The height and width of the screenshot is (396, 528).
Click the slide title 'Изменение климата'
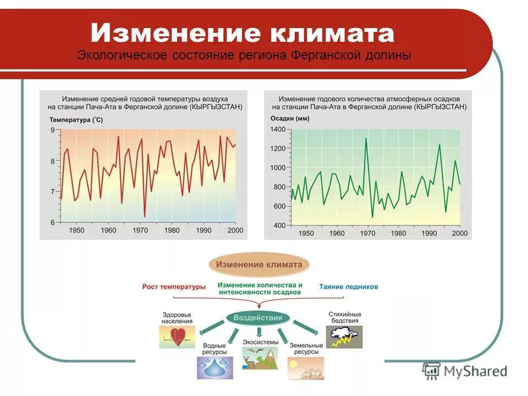tap(243, 33)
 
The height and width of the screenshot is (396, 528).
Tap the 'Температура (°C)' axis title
tap(76, 119)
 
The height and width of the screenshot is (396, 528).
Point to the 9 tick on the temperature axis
tap(53, 130)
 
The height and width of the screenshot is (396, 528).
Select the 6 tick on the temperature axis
tap(53, 223)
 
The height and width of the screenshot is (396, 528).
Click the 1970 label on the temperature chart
tap(140, 230)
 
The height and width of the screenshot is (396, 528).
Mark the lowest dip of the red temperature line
tap(145, 216)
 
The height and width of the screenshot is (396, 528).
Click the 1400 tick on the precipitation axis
tap(278, 129)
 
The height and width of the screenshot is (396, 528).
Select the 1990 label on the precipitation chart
tap(429, 233)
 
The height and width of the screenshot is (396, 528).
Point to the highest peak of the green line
tap(366, 139)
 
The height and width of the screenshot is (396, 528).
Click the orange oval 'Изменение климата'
tap(259, 265)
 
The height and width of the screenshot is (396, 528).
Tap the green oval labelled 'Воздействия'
tap(257, 318)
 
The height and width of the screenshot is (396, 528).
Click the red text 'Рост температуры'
tap(174, 287)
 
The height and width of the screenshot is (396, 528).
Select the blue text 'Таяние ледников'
tap(349, 287)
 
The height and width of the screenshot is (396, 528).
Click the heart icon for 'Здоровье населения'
tap(177, 337)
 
